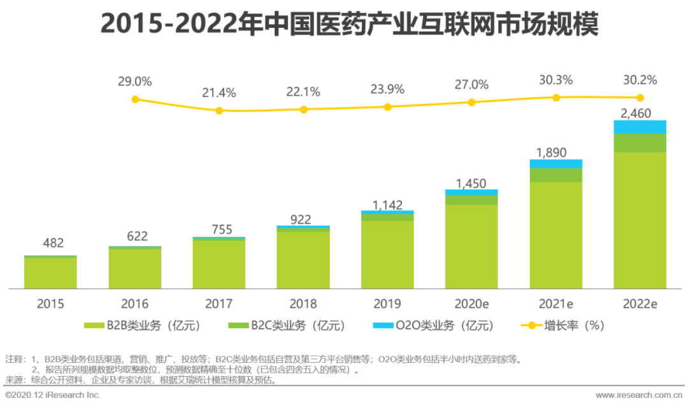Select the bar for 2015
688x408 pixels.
50,272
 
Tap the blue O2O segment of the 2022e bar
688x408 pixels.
640,127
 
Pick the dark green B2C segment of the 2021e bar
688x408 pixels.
555,175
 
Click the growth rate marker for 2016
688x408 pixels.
134,99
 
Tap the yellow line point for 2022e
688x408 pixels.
640,98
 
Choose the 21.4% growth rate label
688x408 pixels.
219,93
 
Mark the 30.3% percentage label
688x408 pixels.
555,80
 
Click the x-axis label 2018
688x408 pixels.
303,304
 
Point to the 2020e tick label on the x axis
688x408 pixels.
471,304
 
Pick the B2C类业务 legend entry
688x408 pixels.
287,326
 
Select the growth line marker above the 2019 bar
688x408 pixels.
387,106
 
